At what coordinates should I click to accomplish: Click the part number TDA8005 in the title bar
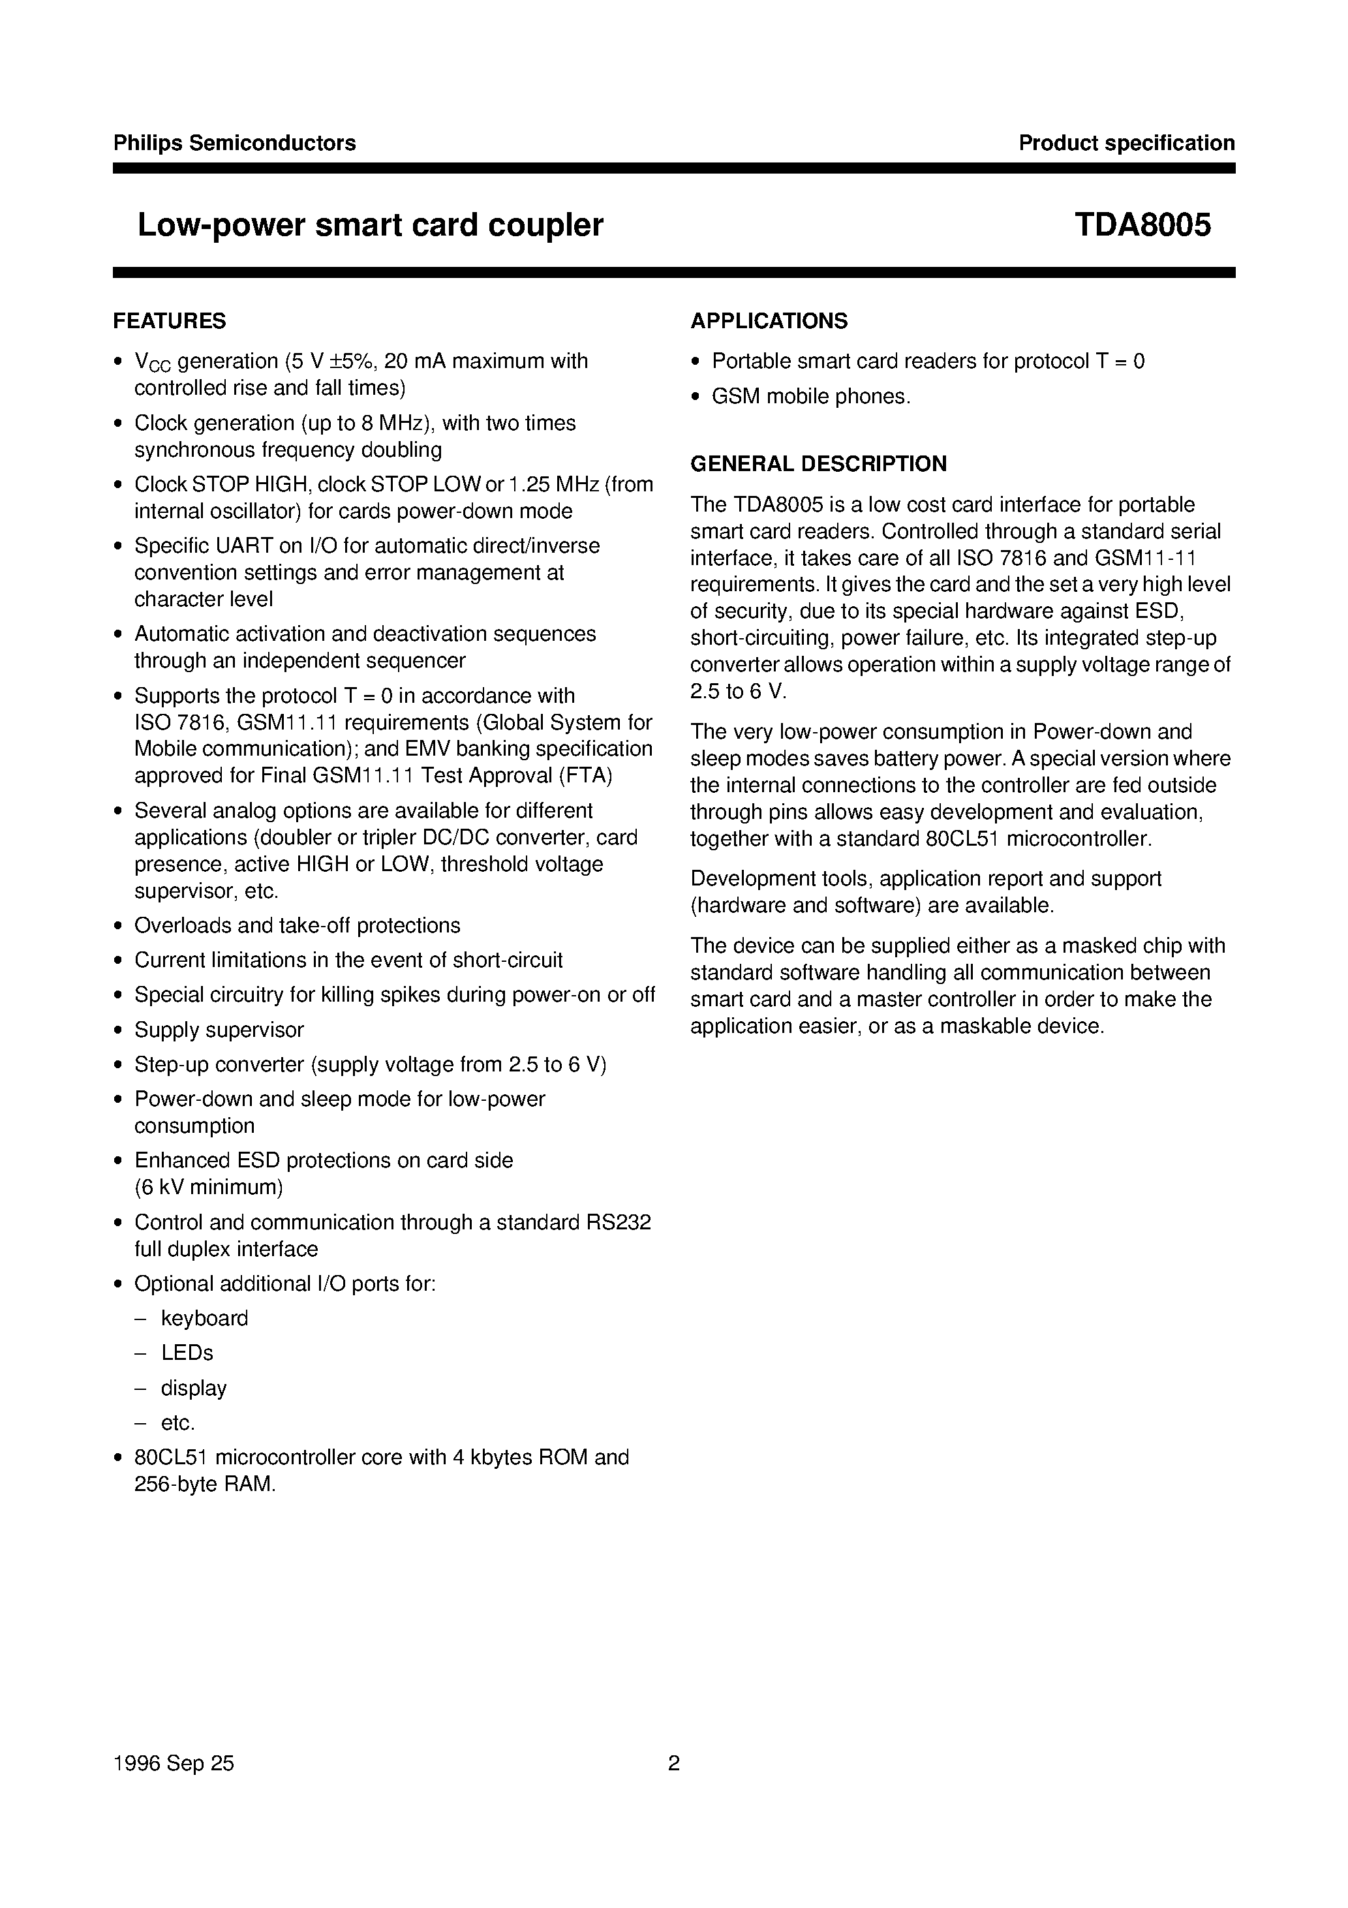(1142, 224)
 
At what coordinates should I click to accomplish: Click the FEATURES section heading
(170, 321)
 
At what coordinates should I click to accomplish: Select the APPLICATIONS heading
(769, 321)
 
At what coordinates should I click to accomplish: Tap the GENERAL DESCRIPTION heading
(818, 464)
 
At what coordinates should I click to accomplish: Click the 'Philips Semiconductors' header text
(234, 143)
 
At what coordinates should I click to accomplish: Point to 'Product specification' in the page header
(1126, 143)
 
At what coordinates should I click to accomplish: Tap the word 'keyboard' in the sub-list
(204, 1318)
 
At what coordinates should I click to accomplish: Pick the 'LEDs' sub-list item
(187, 1353)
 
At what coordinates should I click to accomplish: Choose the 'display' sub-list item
(194, 1388)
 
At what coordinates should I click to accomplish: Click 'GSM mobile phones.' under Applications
(811, 396)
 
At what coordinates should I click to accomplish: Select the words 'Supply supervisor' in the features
(219, 1030)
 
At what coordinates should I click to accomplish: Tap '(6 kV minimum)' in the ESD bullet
(209, 1187)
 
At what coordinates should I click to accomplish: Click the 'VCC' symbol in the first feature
(152, 362)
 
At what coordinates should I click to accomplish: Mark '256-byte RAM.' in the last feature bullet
(204, 1485)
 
